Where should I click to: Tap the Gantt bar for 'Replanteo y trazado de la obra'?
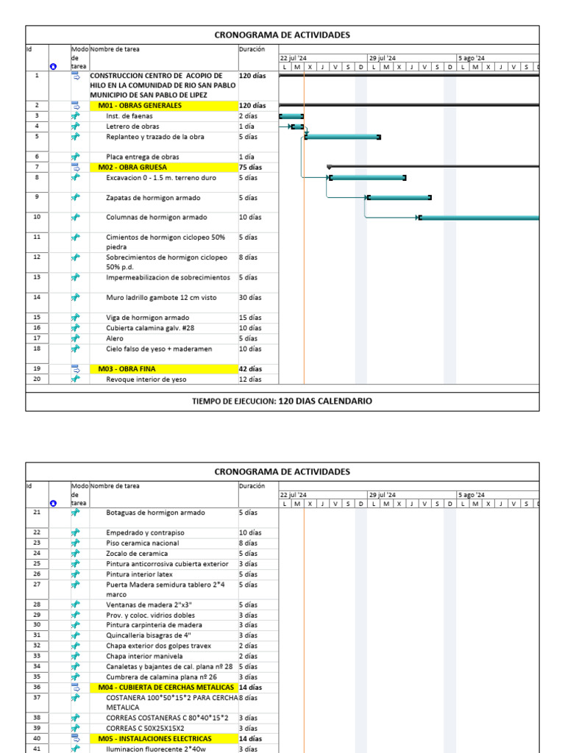click(x=342, y=137)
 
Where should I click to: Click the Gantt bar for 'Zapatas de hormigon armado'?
click(x=399, y=197)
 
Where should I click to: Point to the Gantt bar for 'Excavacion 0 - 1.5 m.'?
click(x=367, y=177)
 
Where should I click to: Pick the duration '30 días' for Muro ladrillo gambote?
click(x=250, y=298)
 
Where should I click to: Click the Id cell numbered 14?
click(x=37, y=297)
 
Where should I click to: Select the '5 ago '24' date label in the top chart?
click(x=471, y=58)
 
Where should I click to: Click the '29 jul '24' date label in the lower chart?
click(x=382, y=495)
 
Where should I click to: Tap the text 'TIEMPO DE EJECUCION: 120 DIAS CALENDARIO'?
click(x=282, y=402)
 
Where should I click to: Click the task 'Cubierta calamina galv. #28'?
click(x=150, y=328)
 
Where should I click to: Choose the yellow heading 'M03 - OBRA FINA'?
click(x=127, y=368)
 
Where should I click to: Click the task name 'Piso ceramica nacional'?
click(x=143, y=543)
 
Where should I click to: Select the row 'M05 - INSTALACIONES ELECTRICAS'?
click(x=154, y=738)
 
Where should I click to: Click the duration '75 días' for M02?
click(x=250, y=167)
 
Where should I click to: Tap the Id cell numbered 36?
click(x=37, y=687)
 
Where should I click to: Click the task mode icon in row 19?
click(x=75, y=368)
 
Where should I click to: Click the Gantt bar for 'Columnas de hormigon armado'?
click(x=478, y=217)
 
